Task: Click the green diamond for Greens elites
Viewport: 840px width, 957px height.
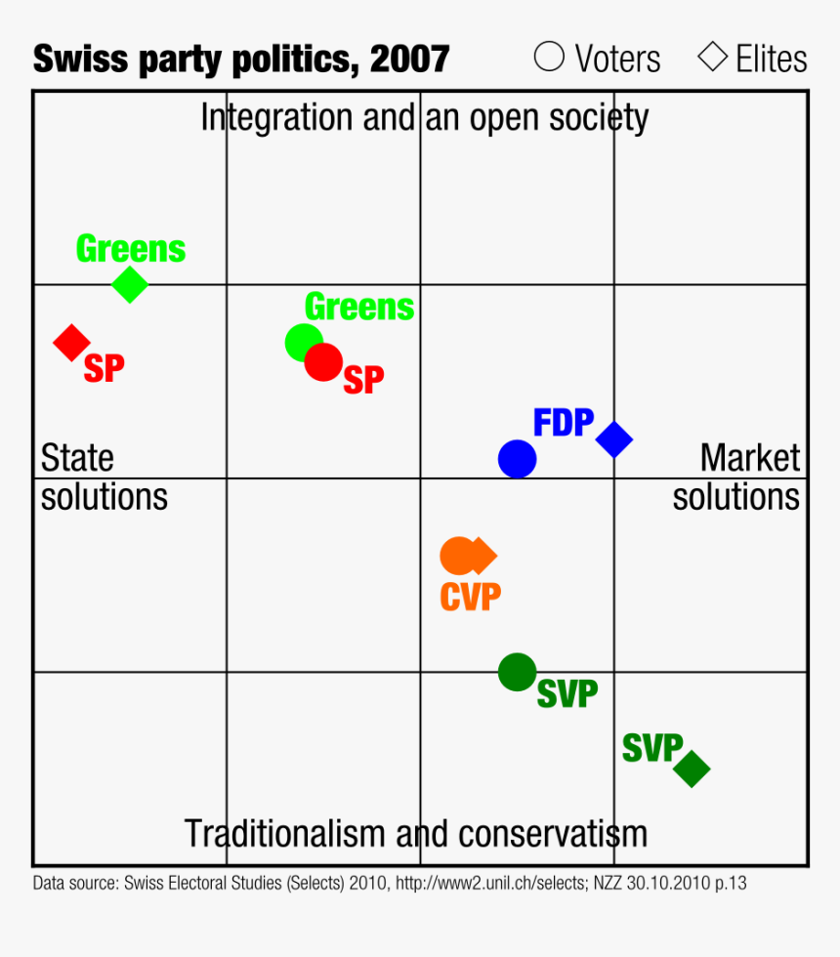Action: click(x=130, y=285)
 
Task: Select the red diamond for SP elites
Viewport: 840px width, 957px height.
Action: click(x=71, y=343)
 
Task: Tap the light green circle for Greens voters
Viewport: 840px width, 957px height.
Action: click(x=303, y=343)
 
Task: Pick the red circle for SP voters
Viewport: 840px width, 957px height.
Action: click(x=323, y=362)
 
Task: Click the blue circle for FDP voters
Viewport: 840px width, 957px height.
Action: click(x=517, y=458)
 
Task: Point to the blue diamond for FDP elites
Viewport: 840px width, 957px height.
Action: click(x=614, y=439)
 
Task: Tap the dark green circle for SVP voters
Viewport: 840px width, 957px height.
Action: click(x=517, y=672)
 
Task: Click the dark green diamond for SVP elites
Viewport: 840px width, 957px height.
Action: click(x=692, y=769)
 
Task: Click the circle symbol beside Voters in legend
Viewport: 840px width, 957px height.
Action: click(x=549, y=58)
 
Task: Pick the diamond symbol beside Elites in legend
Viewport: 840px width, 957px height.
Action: click(x=713, y=58)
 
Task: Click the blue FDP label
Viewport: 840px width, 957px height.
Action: click(x=564, y=423)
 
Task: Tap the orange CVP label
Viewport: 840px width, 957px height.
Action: click(x=470, y=597)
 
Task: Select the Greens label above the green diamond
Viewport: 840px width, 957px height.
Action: click(x=131, y=249)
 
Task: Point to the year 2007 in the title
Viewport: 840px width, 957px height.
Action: click(x=410, y=60)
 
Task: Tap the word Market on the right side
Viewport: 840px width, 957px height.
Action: click(x=750, y=457)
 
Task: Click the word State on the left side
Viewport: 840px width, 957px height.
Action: click(x=77, y=457)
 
